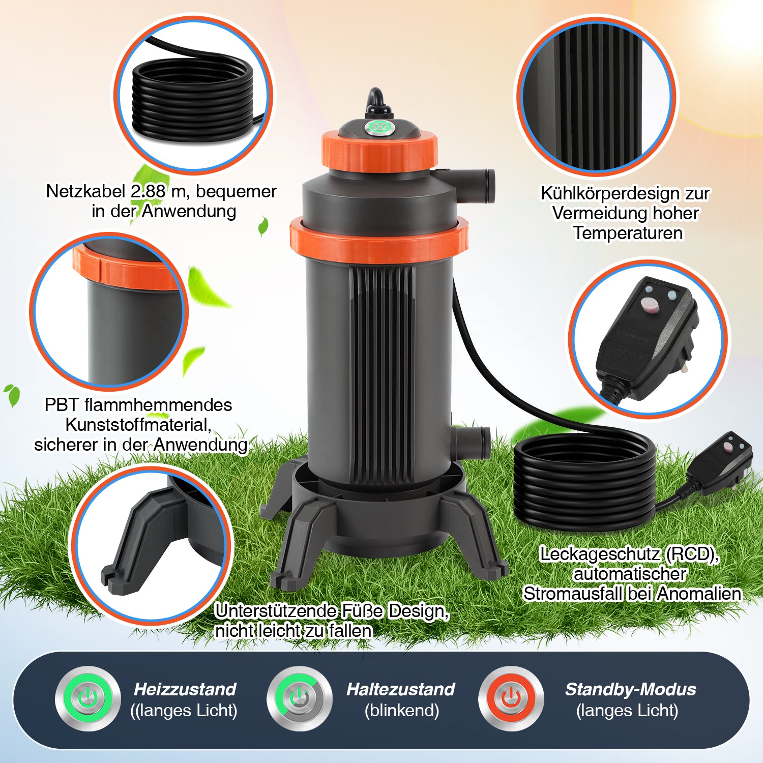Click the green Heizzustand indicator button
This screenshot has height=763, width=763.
pyautogui.click(x=89, y=699)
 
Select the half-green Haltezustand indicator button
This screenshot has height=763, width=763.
pyautogui.click(x=300, y=699)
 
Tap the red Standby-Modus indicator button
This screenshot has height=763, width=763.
pyautogui.click(x=511, y=699)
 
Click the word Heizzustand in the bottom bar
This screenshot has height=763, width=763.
pyautogui.click(x=185, y=689)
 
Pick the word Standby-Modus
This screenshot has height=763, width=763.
pyautogui.click(x=630, y=689)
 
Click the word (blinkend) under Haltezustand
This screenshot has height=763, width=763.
pyautogui.click(x=401, y=711)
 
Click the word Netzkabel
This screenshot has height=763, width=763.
pyautogui.click(x=86, y=191)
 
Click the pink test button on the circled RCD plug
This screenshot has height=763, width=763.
pyautogui.click(x=649, y=305)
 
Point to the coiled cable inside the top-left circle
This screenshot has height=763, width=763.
pyautogui.click(x=193, y=97)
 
